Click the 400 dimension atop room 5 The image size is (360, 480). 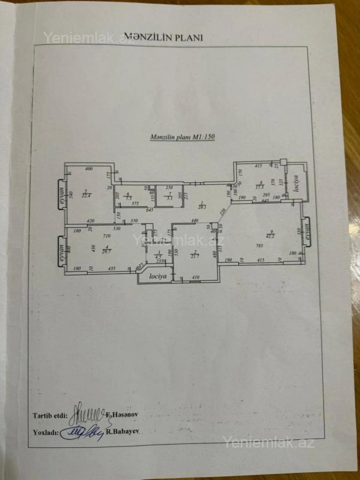[x=88, y=169]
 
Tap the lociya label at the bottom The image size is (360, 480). [x=158, y=277]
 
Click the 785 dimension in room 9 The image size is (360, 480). [x=259, y=246]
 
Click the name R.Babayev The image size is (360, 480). [x=124, y=433]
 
